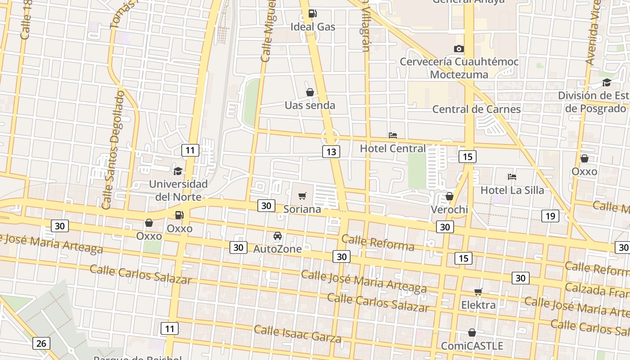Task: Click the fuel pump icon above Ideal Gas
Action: pyautogui.click(x=312, y=14)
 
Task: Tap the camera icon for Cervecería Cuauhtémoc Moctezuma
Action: pyautogui.click(x=459, y=49)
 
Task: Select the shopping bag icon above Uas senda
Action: pyautogui.click(x=310, y=92)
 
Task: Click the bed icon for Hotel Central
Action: pyautogui.click(x=392, y=135)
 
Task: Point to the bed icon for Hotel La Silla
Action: pyautogui.click(x=512, y=177)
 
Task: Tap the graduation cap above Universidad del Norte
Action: pyautogui.click(x=178, y=171)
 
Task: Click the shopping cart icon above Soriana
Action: pyautogui.click(x=302, y=196)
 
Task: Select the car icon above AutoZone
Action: pyautogui.click(x=278, y=236)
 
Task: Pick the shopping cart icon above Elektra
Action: pyautogui.click(x=478, y=292)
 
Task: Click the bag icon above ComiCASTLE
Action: pyautogui.click(x=472, y=333)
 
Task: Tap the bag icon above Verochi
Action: pyautogui.click(x=449, y=196)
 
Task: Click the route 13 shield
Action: pyautogui.click(x=331, y=152)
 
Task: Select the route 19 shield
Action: pyautogui.click(x=550, y=216)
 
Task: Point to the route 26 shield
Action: pyautogui.click(x=41, y=343)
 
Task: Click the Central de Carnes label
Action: pyautogui.click(x=476, y=109)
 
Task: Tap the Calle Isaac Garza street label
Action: pyautogui.click(x=297, y=333)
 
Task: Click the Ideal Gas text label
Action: pyautogui.click(x=313, y=27)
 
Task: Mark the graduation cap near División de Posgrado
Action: pyautogui.click(x=606, y=82)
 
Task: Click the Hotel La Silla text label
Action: pyautogui.click(x=512, y=190)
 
